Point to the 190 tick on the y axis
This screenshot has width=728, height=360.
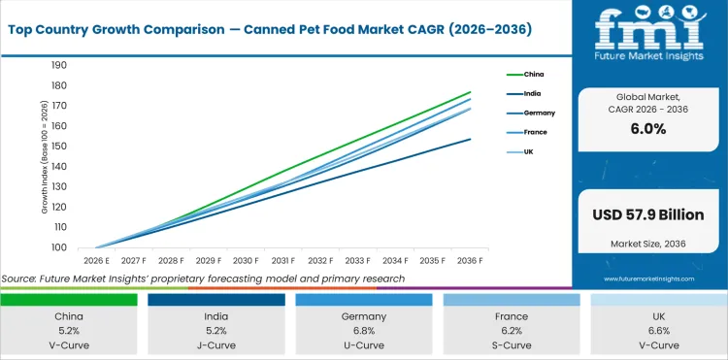click(58, 66)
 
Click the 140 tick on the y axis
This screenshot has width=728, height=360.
click(58, 167)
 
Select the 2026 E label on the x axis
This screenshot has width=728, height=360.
click(96, 261)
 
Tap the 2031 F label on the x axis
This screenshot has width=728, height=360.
click(283, 261)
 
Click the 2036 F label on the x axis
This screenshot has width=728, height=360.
click(471, 261)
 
